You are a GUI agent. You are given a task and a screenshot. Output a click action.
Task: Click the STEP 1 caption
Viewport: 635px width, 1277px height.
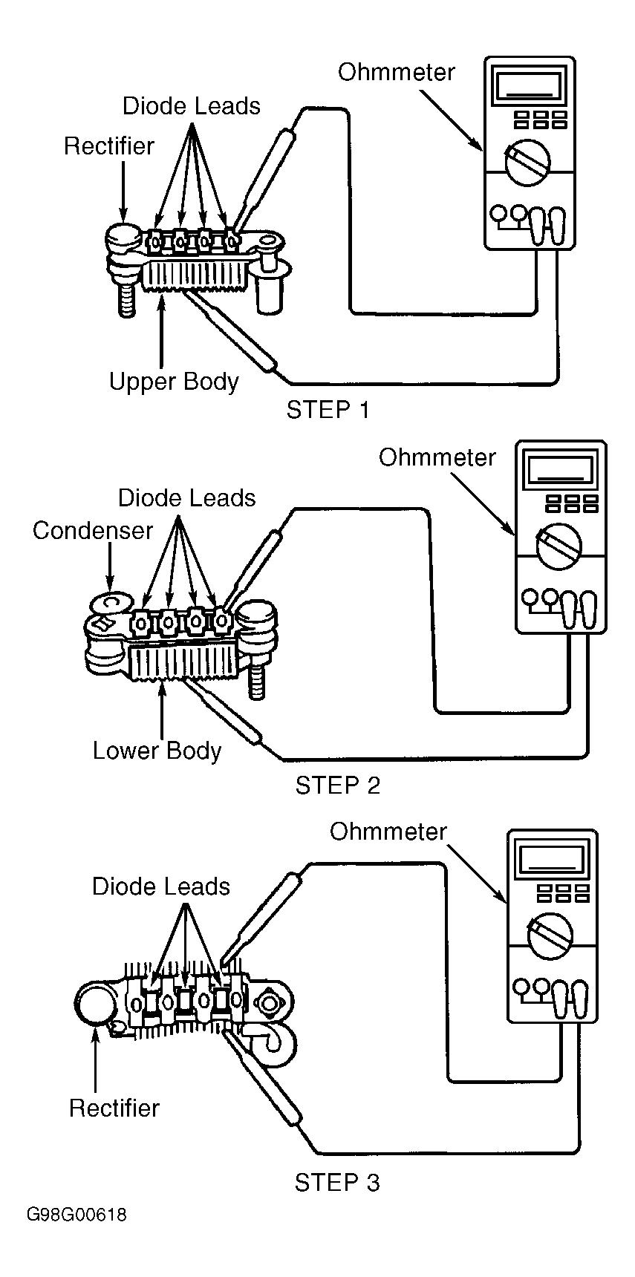pyautogui.click(x=328, y=409)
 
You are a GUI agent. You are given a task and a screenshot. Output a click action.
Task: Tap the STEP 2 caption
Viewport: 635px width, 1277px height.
pyautogui.click(x=337, y=785)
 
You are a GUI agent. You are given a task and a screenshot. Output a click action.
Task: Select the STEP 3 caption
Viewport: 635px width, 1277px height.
pyautogui.click(x=336, y=1181)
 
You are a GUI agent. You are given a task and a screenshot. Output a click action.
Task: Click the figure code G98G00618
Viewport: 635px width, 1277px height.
pyautogui.click(x=76, y=1215)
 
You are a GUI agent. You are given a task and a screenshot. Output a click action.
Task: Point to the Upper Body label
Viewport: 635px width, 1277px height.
pyautogui.click(x=174, y=382)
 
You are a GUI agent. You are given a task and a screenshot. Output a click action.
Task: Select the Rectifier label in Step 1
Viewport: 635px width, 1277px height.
pyautogui.click(x=108, y=146)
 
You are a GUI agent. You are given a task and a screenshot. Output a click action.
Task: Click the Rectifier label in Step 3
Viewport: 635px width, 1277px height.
pyautogui.click(x=114, y=1108)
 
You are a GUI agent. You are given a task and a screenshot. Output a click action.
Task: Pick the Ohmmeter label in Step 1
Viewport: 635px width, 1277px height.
pyautogui.click(x=396, y=72)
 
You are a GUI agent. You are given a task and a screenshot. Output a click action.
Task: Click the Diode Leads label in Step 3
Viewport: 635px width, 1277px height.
pyautogui.click(x=160, y=886)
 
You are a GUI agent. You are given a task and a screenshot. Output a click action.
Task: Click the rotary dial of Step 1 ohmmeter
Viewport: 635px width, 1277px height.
pyautogui.click(x=528, y=159)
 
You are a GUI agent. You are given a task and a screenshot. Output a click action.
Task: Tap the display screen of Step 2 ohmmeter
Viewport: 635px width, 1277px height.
pyautogui.click(x=560, y=471)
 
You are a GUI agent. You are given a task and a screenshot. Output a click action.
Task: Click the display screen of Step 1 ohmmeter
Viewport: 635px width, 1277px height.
pyautogui.click(x=529, y=88)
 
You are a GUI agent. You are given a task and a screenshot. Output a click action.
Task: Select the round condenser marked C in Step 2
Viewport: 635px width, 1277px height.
pyautogui.click(x=112, y=601)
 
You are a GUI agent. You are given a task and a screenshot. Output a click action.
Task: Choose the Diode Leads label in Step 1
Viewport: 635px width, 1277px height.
pyautogui.click(x=191, y=106)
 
